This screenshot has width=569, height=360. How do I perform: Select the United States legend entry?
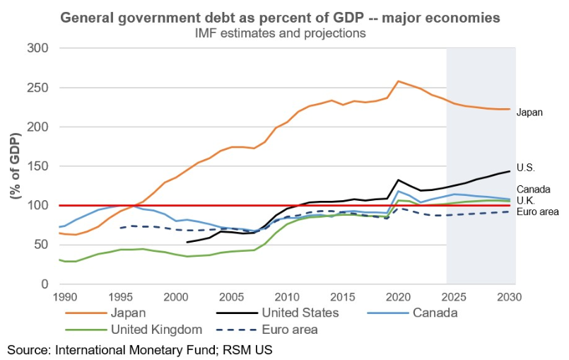[301, 312]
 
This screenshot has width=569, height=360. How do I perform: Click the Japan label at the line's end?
[529, 112]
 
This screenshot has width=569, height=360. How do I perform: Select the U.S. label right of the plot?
[527, 168]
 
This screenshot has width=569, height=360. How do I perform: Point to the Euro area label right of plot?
[538, 211]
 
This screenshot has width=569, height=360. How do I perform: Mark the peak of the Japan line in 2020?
[398, 81]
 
